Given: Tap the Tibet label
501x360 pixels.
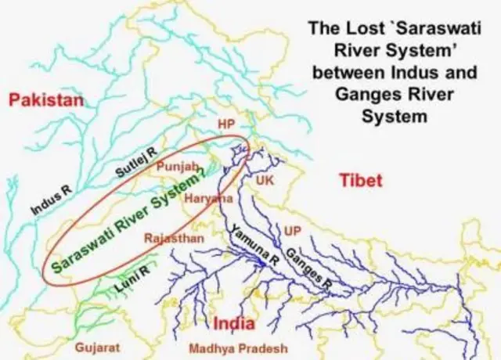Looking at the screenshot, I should pyautogui.click(x=361, y=181).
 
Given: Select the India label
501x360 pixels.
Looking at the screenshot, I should pyautogui.click(x=236, y=323).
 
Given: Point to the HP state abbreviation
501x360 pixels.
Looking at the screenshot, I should pyautogui.click(x=226, y=124).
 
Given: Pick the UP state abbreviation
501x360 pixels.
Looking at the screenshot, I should pyautogui.click(x=293, y=231).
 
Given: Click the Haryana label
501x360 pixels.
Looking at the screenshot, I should pyautogui.click(x=209, y=199).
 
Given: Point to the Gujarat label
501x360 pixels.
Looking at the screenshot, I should pyautogui.click(x=97, y=346).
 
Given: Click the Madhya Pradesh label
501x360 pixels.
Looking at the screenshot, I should pyautogui.click(x=228, y=348).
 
